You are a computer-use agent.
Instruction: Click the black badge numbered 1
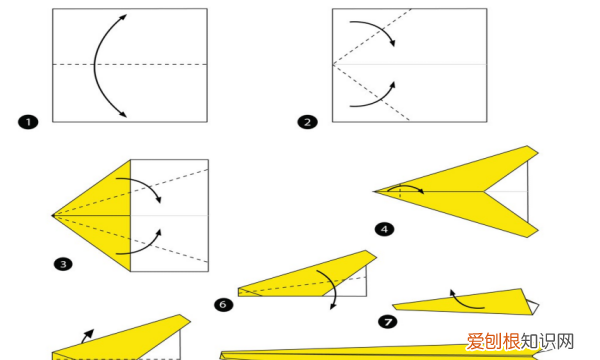(28, 122)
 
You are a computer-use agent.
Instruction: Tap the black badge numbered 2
(307, 122)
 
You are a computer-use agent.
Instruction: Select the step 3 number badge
(63, 264)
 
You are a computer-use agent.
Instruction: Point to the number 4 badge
(385, 229)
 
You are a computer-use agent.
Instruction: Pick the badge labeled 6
(223, 305)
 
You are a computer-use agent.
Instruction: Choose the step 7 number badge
(388, 322)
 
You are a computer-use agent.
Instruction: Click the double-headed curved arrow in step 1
(95, 65)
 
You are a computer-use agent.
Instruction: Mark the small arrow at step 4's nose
(406, 186)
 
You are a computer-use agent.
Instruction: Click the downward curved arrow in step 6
(334, 287)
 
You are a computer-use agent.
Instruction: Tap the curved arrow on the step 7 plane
(463, 303)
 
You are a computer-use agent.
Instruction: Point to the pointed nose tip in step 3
(52, 216)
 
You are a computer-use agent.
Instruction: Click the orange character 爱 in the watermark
(476, 342)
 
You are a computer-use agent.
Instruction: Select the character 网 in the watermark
(566, 342)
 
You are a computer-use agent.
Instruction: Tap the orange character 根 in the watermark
(512, 342)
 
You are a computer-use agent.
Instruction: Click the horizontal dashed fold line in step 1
(130, 64)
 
